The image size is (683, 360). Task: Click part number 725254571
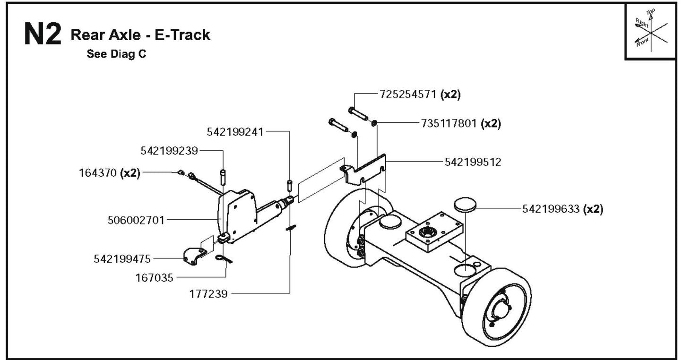tap(408, 94)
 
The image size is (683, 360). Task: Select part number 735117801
tap(449, 124)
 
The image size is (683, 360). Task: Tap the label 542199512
tap(473, 162)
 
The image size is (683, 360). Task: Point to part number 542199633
tap(551, 209)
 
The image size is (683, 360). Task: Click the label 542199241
tap(235, 132)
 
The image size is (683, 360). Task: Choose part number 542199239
tap(169, 151)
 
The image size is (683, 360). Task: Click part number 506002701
tap(136, 220)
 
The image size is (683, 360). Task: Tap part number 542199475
tap(122, 259)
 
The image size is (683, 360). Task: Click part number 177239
tap(208, 294)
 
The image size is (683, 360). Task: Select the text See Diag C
tap(116, 54)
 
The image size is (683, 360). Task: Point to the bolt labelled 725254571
tap(359, 113)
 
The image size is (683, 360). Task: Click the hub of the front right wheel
tap(502, 309)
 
